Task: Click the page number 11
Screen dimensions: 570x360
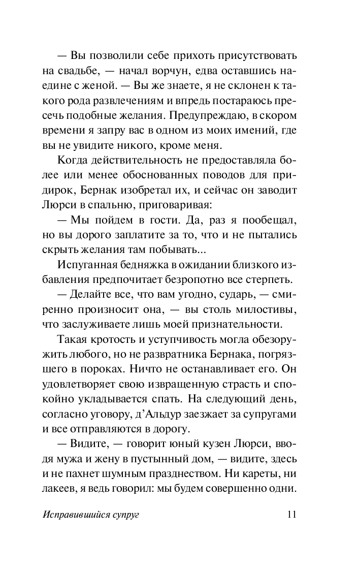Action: pos(291,514)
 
